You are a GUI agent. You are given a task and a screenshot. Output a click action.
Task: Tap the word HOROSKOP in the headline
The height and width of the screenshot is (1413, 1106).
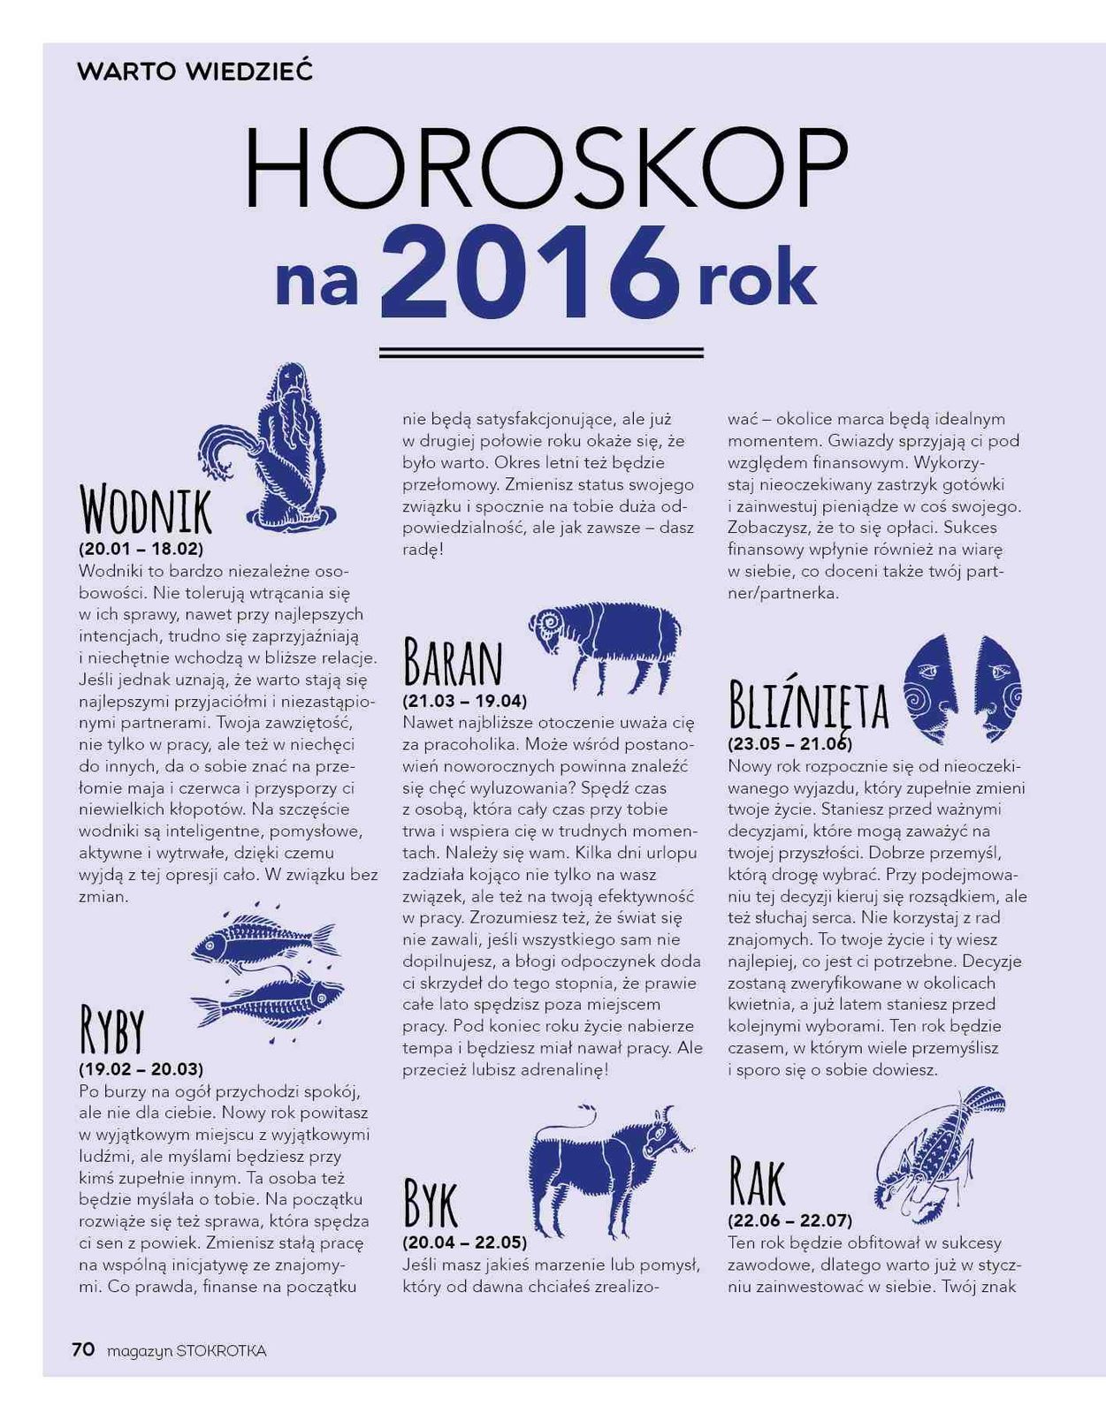click(545, 169)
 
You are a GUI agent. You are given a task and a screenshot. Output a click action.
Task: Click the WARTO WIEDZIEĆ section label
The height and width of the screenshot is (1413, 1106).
click(195, 72)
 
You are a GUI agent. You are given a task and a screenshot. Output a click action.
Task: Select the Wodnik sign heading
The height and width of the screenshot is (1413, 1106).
click(146, 511)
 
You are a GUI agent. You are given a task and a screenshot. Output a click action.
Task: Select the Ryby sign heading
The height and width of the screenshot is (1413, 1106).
click(111, 1030)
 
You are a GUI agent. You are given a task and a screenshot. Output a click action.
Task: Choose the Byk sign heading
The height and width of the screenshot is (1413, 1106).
click(431, 1203)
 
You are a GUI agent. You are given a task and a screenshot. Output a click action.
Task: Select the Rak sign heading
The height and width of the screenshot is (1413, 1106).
click(757, 1182)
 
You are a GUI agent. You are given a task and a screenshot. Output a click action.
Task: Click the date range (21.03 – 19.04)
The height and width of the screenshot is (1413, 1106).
click(465, 701)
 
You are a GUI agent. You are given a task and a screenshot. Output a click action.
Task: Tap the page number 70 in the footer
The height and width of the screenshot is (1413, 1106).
click(83, 1349)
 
